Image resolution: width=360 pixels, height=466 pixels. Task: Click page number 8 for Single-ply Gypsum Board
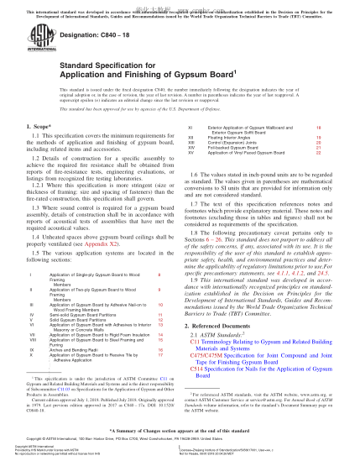click(x=159, y=275)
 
